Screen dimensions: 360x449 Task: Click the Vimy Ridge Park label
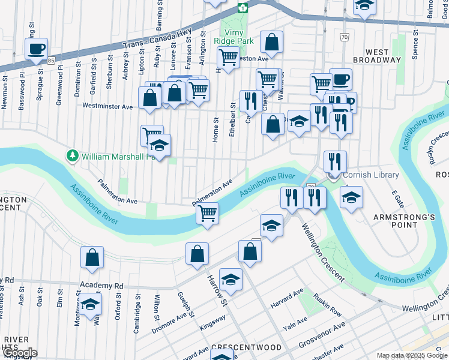point(238,37)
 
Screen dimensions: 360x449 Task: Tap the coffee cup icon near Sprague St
point(37,49)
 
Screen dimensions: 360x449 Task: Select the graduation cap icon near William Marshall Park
point(159,145)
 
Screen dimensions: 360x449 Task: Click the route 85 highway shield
point(52,61)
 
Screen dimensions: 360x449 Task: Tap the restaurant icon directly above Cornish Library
point(335,161)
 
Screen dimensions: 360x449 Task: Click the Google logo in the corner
point(19,353)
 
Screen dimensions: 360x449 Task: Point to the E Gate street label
point(396,199)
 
